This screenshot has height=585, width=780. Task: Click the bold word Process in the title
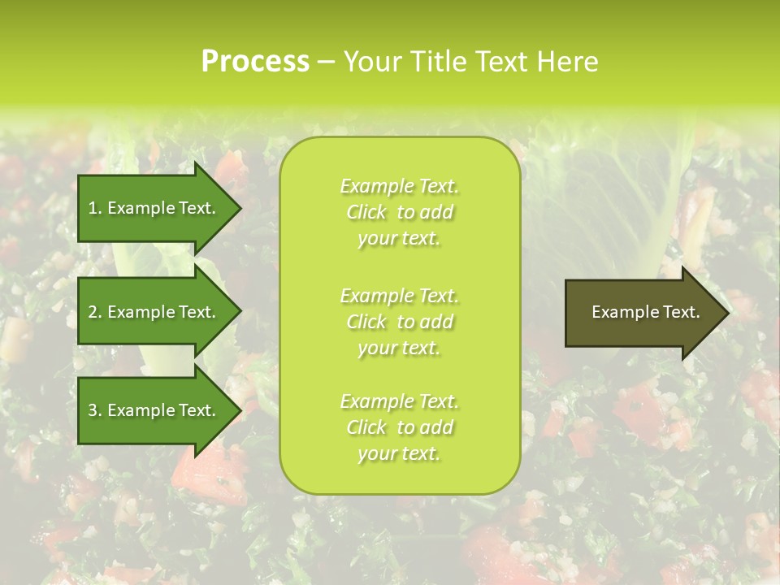tap(255, 62)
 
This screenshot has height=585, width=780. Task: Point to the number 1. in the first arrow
tap(95, 208)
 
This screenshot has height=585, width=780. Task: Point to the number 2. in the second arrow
tap(95, 312)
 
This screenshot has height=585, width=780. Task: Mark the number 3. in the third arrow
tap(95, 410)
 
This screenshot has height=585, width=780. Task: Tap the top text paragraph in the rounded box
tap(399, 212)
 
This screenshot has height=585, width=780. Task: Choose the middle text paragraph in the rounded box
tap(399, 322)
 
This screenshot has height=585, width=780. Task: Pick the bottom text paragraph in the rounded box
tap(399, 427)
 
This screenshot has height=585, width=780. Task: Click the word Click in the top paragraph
tap(366, 212)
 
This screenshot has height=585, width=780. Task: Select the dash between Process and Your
tap(327, 62)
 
